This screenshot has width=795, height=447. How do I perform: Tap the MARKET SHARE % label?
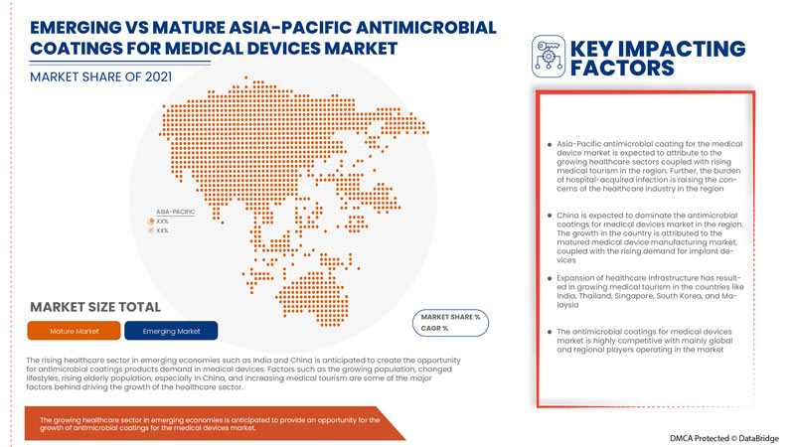click(x=450, y=317)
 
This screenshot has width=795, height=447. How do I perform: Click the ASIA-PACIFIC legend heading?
click(x=175, y=212)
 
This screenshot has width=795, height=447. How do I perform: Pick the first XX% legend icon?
click(x=151, y=221)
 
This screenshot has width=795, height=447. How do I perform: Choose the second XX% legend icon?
click(x=151, y=230)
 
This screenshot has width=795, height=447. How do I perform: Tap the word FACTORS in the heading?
click(x=618, y=68)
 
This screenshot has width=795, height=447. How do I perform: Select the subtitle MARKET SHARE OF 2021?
click(x=102, y=76)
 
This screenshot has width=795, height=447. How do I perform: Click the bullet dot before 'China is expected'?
click(x=549, y=216)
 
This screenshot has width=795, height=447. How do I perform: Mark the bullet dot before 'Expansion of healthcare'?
click(x=549, y=278)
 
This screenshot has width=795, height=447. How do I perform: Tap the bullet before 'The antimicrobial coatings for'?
click(x=549, y=331)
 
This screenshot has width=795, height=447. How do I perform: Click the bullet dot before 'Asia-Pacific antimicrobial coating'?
click(x=549, y=145)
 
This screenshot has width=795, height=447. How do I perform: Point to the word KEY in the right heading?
click(x=593, y=47)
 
